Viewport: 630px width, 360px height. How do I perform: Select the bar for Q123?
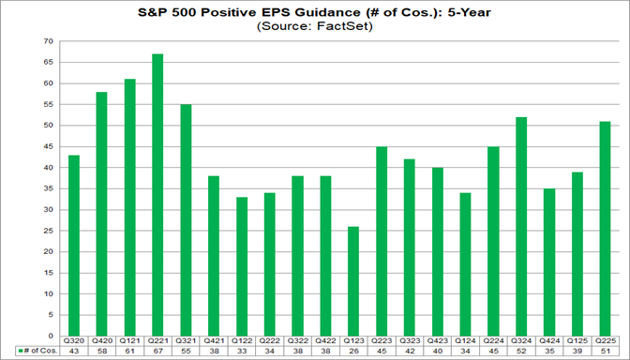(x=354, y=280)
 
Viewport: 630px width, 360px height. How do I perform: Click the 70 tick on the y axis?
(x=49, y=42)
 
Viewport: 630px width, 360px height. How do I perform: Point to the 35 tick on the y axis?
(x=49, y=188)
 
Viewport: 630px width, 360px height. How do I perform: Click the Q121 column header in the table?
(x=129, y=341)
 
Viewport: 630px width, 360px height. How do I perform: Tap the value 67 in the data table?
(x=157, y=351)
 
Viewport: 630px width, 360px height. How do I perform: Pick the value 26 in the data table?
(x=354, y=351)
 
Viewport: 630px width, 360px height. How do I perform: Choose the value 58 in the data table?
(x=101, y=351)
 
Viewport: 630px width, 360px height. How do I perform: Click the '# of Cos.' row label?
(x=39, y=351)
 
